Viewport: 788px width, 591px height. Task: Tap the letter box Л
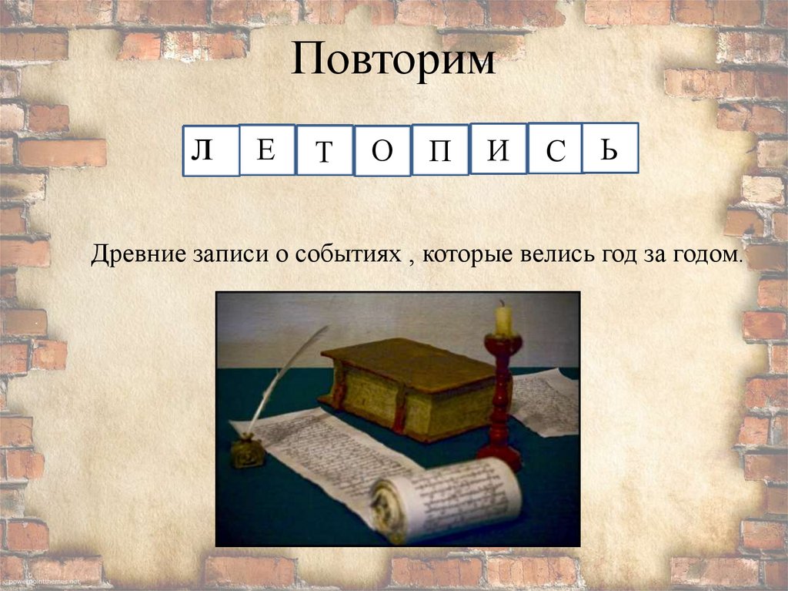(211, 150)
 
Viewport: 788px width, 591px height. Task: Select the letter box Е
(266, 149)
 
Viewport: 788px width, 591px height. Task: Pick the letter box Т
(324, 151)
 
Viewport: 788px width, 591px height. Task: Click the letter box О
(382, 151)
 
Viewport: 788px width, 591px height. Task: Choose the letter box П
(439, 150)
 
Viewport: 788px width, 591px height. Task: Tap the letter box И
(498, 149)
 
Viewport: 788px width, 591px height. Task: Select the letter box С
(555, 149)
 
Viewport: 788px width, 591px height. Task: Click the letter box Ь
(609, 148)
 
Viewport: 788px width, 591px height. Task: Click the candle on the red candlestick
(503, 320)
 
